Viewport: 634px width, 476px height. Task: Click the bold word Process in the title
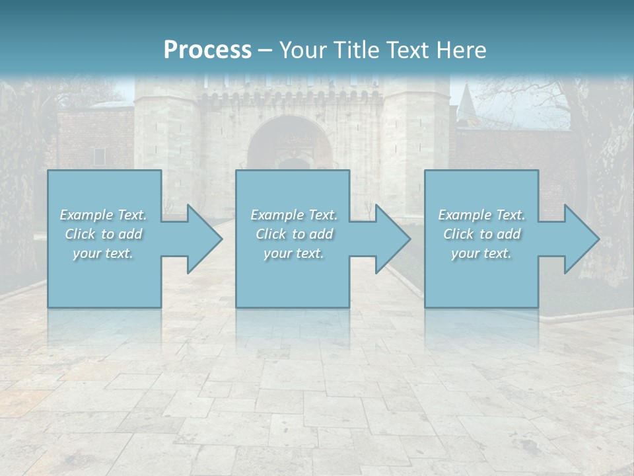pos(207,50)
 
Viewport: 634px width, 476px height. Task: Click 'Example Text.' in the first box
pos(103,215)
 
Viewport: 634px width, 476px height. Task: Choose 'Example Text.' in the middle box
pos(294,215)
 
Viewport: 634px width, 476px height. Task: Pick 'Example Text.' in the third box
pos(481,215)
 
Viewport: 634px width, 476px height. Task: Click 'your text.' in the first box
pos(103,253)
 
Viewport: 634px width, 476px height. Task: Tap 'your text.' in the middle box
pos(294,253)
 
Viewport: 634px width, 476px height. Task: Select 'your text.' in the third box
pos(481,253)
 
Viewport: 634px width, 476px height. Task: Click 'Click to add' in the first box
pos(103,234)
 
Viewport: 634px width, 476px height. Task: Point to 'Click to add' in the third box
pos(481,234)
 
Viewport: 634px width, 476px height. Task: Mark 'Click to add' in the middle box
pos(294,234)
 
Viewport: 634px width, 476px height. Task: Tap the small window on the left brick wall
pos(99,156)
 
